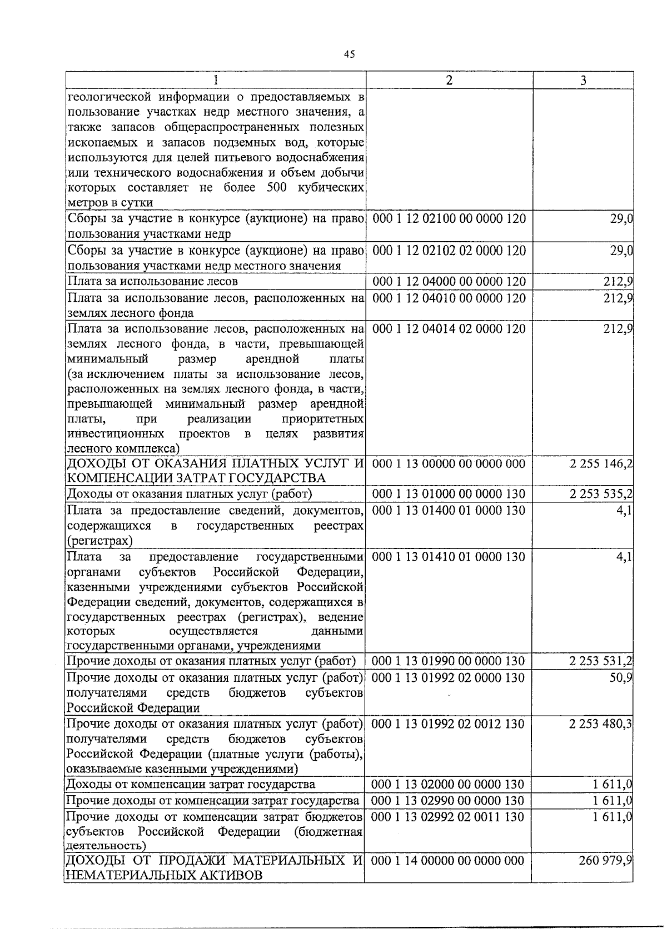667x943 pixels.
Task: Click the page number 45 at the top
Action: (349, 54)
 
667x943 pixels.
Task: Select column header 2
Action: (449, 80)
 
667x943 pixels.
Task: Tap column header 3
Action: (583, 80)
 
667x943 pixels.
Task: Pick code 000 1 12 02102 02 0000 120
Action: (449, 251)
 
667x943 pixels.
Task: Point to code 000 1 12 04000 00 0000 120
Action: (449, 282)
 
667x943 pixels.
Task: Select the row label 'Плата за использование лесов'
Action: (152, 282)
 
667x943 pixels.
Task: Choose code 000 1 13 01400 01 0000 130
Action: (449, 510)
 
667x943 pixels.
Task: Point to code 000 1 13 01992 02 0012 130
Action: (448, 724)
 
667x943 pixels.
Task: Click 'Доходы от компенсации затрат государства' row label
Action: (191, 784)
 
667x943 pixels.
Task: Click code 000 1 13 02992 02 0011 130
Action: (448, 816)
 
